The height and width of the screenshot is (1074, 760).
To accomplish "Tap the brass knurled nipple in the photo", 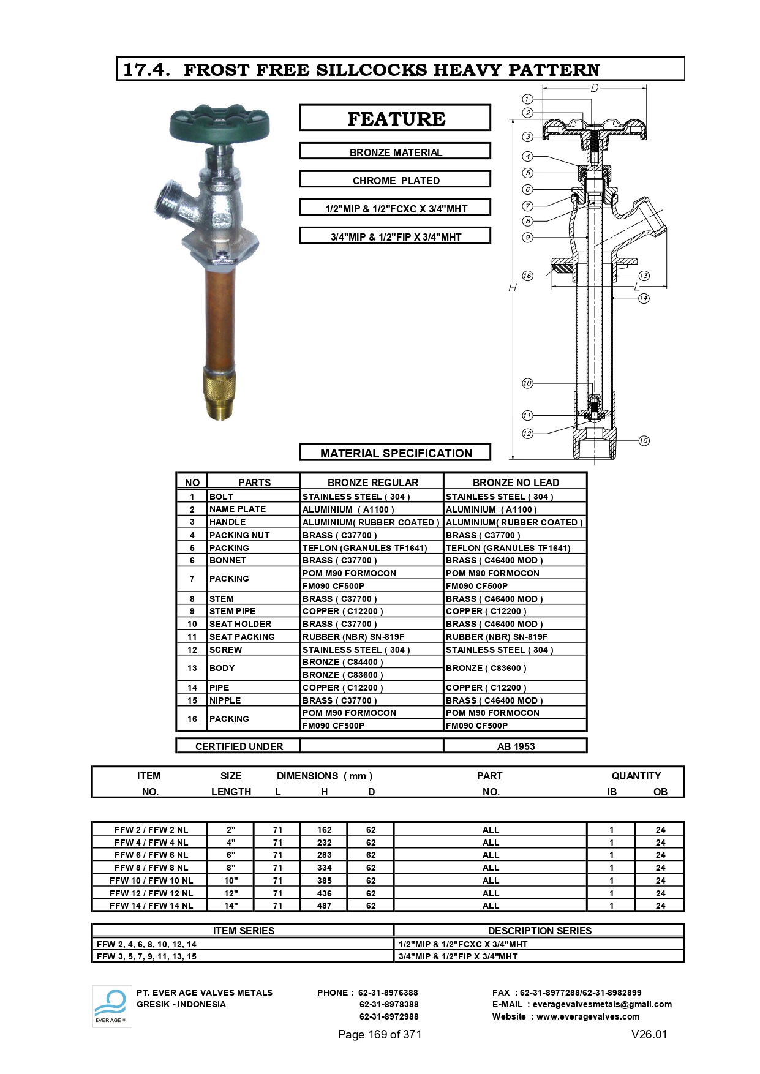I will pos(219,392).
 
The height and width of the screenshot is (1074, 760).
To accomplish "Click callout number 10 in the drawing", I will pos(527,383).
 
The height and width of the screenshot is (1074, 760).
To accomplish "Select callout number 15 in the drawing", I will pos(644,440).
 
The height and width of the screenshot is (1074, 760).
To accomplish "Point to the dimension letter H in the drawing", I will pos(513,287).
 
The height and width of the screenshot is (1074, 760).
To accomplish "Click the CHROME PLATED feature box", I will pos(396,181).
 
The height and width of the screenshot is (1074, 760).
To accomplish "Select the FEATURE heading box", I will pos(396,118).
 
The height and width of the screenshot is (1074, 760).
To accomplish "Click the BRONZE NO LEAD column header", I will pos(516,483).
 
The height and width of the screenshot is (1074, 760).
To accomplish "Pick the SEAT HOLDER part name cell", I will pos(240,624).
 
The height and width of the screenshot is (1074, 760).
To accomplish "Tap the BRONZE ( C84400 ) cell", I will pos(342,662).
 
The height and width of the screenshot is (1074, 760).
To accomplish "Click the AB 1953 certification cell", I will pos(516,746).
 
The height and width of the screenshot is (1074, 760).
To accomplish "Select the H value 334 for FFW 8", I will pos(325,868).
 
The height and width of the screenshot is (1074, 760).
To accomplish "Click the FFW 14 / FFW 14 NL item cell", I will pos(151,906).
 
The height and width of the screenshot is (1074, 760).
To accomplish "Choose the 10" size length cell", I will pos(231,881).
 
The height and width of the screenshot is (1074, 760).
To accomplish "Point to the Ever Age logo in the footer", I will pos(111,1006).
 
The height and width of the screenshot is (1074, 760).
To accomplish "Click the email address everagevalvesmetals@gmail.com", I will pos(602,1004).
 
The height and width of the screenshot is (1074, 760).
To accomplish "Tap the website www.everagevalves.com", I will pos(588,1016).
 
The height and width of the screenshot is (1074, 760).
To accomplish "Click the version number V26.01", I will pos(649,1034).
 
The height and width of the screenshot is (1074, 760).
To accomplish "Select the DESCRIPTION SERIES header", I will pos(540,931).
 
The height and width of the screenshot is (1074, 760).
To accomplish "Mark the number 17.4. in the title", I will pos(147,70).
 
